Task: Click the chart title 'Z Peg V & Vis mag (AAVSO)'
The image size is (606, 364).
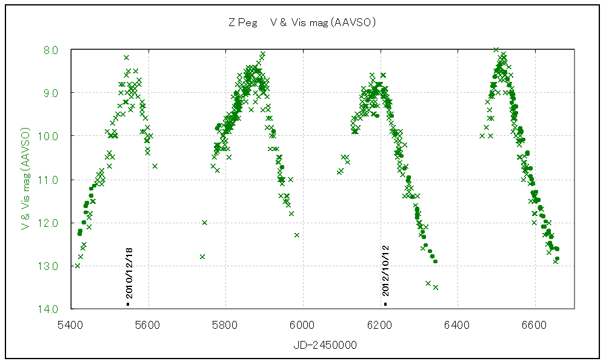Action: click(302, 22)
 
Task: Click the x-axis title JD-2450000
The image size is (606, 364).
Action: click(325, 345)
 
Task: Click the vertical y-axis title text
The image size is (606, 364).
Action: click(25, 179)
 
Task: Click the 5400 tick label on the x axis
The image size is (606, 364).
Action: click(70, 325)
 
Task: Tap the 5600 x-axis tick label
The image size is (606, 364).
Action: click(148, 325)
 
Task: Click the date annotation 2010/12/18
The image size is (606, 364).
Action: click(128, 272)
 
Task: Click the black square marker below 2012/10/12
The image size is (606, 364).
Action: click(385, 303)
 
